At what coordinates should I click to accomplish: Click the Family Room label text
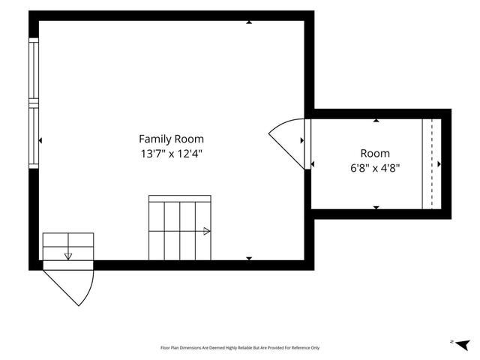(171, 139)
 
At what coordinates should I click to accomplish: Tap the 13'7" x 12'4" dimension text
(172, 153)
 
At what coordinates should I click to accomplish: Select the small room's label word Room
(375, 153)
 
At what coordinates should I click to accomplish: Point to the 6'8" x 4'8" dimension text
(375, 168)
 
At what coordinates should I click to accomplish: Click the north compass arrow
(463, 345)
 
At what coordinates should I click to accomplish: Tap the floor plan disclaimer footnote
(240, 348)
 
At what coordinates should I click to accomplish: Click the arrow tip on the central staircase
(207, 231)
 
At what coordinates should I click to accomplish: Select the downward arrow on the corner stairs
(68, 256)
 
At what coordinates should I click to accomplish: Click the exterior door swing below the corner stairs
(78, 288)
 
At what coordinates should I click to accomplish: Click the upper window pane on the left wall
(34, 70)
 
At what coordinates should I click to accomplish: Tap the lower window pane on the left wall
(34, 136)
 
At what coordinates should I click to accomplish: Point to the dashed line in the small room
(432, 164)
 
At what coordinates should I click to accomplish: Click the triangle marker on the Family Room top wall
(249, 22)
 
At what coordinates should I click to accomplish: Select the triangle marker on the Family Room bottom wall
(249, 258)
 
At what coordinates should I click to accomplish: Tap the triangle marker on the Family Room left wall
(40, 140)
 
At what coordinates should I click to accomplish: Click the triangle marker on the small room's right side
(439, 164)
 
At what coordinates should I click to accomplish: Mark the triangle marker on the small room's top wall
(376, 121)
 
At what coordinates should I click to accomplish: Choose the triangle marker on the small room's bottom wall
(376, 208)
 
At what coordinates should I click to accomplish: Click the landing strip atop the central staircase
(180, 198)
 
